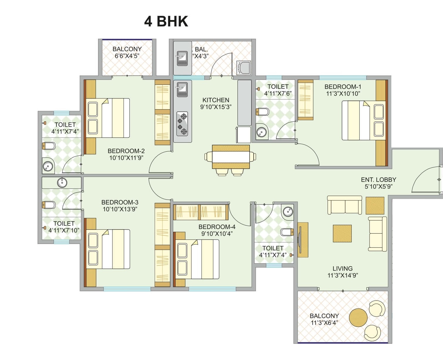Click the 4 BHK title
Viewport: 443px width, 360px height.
click(x=166, y=21)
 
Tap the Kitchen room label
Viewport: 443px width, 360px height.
click(x=216, y=100)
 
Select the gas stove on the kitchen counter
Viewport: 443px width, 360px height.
click(x=182, y=123)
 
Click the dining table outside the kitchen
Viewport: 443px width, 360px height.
click(x=231, y=157)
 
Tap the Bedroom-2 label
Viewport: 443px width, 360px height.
click(x=126, y=151)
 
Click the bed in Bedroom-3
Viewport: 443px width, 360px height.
click(x=108, y=249)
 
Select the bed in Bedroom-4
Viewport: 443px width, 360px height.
click(x=197, y=259)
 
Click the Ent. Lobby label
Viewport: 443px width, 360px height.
click(x=378, y=180)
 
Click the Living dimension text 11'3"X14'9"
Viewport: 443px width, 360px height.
click(x=343, y=275)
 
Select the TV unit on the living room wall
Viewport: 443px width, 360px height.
click(x=302, y=240)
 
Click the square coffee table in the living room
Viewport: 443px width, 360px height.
click(x=342, y=234)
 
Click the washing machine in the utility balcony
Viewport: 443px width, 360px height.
click(x=243, y=68)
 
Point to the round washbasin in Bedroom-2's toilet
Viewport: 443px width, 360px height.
click(x=48, y=166)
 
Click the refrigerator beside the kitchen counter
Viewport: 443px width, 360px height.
click(x=244, y=135)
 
